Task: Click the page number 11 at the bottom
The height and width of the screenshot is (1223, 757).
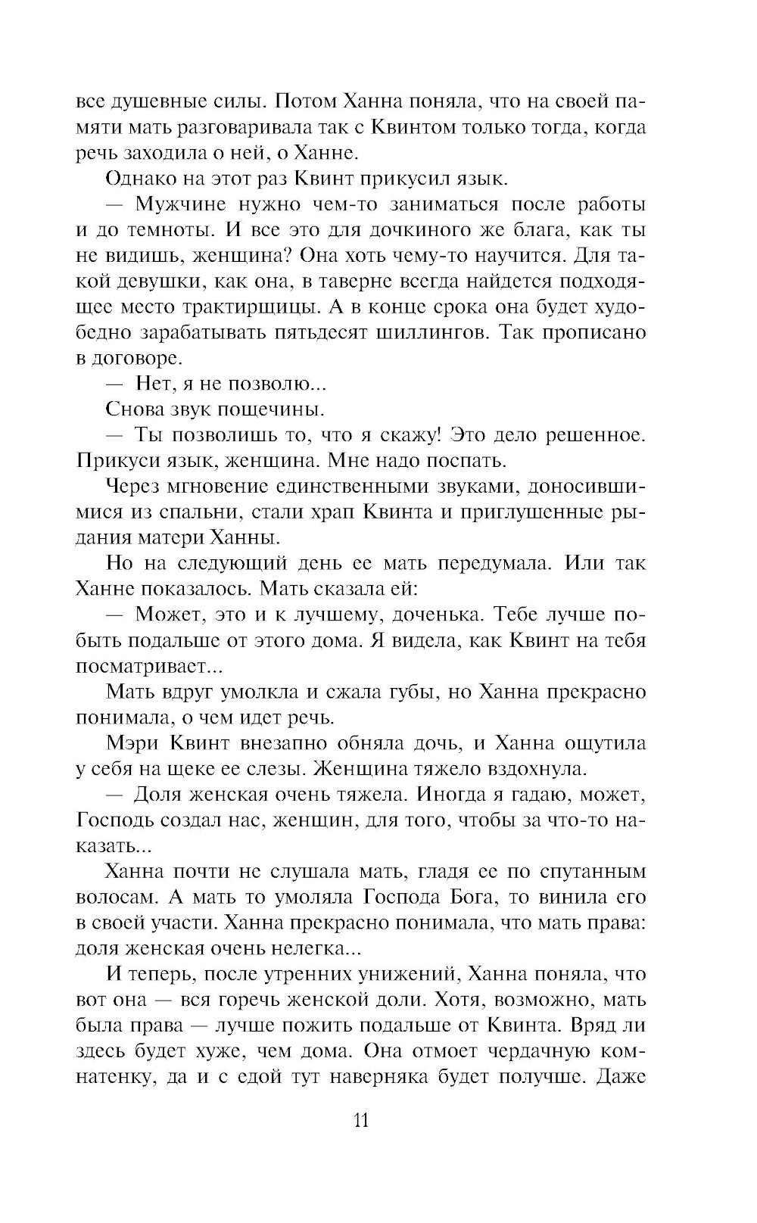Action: pyautogui.click(x=360, y=1119)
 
